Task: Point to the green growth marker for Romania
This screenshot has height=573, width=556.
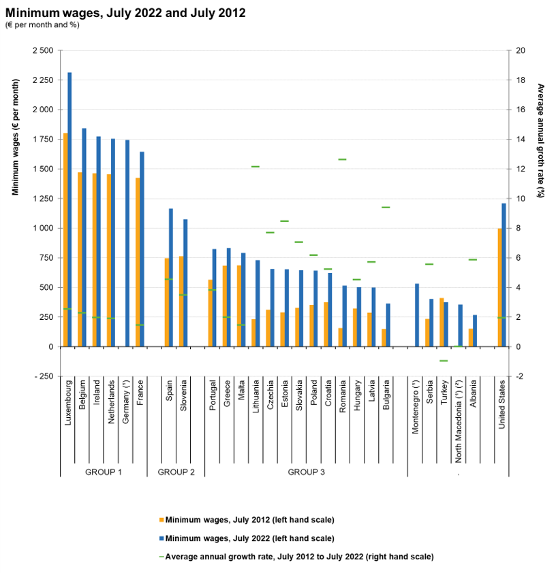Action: (342, 159)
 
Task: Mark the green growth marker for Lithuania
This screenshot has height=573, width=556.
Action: (256, 166)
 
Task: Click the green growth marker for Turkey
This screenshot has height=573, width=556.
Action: (443, 361)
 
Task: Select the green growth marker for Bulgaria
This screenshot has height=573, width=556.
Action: (386, 208)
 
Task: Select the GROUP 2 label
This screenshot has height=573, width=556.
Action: (176, 472)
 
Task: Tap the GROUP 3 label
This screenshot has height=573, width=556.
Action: (306, 472)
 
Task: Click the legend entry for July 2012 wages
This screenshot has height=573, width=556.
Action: (249, 521)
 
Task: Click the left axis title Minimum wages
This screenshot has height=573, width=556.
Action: (16, 147)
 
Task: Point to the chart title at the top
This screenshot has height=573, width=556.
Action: (125, 13)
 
